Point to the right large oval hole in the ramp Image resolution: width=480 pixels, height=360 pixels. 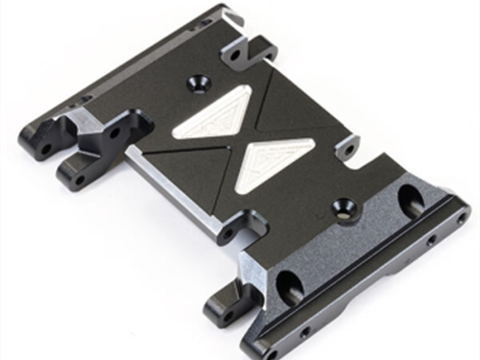[x=410, y=200]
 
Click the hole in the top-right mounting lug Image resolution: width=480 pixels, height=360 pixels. [x=234, y=55]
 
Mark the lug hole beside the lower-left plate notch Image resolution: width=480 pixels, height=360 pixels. [x=228, y=234]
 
